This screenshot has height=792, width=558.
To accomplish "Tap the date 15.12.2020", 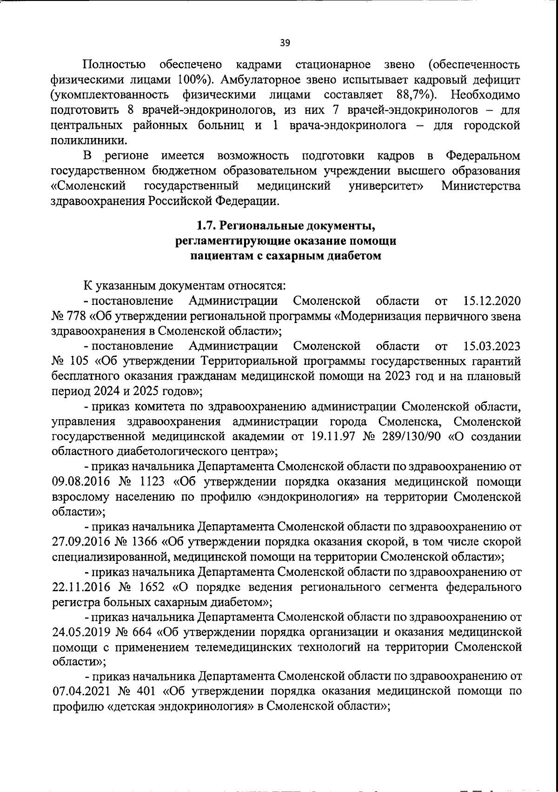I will (492, 301).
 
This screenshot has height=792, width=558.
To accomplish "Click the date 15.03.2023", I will (492, 346).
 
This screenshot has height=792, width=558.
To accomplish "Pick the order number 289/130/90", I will (403, 436).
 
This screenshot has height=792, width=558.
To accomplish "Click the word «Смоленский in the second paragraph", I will (89, 186).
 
